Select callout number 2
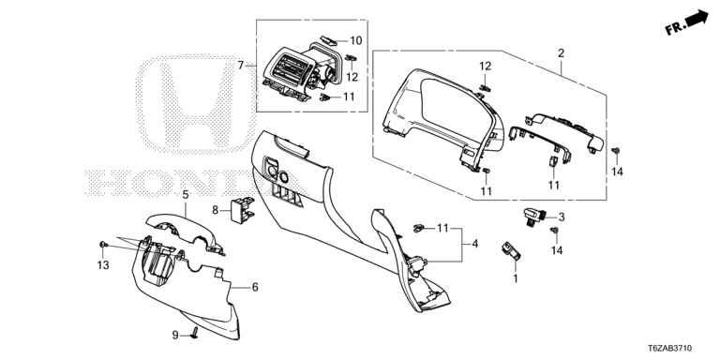561,53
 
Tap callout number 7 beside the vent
241,66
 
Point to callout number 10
356,40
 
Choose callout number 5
186,195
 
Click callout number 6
255,288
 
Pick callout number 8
215,211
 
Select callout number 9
175,336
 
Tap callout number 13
103,265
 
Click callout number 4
474,244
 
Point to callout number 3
562,217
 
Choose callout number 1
516,278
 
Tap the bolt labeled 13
102,245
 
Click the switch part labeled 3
534,216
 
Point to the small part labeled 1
511,249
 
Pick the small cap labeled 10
328,41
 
